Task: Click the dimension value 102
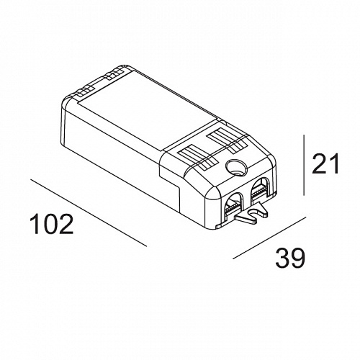click(x=51, y=224)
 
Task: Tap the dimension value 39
click(x=290, y=258)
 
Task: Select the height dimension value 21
click(x=325, y=163)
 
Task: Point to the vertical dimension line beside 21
click(x=304, y=165)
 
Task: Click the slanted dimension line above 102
click(x=89, y=212)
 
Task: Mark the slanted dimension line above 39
click(x=269, y=238)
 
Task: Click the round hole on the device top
click(x=236, y=167)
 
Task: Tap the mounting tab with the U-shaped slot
click(x=252, y=213)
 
